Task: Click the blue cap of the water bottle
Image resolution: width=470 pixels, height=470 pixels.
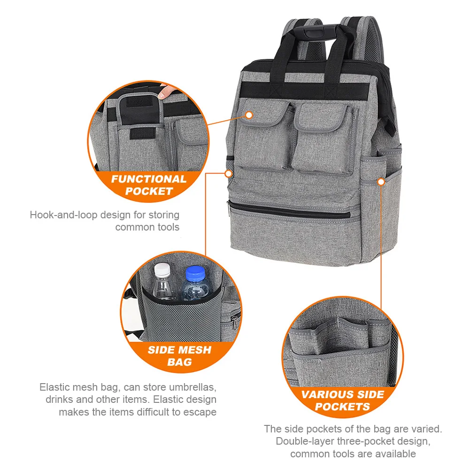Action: pyautogui.click(x=195, y=274)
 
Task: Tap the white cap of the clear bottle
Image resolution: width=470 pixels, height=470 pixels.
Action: pyautogui.click(x=162, y=270)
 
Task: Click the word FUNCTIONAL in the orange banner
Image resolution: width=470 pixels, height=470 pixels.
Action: pyautogui.click(x=149, y=179)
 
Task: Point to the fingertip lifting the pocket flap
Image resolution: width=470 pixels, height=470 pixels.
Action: pyautogui.click(x=165, y=91)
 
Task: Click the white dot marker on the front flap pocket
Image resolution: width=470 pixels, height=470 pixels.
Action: pyautogui.click(x=249, y=115)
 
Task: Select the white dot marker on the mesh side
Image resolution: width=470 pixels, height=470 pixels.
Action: pyautogui.click(x=228, y=174)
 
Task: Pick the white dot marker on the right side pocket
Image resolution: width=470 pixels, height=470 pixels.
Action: pyautogui.click(x=381, y=182)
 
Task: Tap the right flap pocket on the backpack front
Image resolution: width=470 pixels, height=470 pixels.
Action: pyautogui.click(x=324, y=138)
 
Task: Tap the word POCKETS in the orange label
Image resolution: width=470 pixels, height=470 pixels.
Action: pyautogui.click(x=342, y=407)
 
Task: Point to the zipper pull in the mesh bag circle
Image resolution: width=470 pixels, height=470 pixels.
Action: pyautogui.click(x=235, y=320)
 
